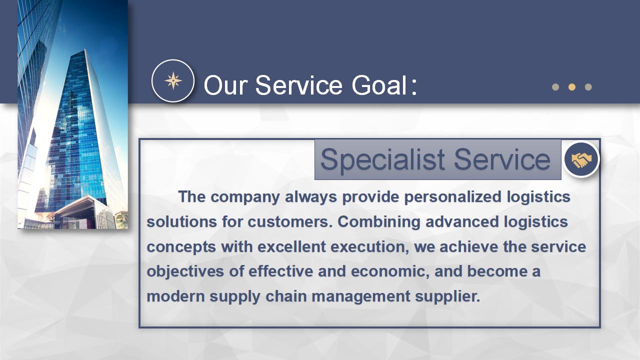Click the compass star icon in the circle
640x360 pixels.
point(173,81)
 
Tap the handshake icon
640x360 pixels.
point(581,159)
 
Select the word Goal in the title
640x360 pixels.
point(379,85)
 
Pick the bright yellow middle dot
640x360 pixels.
point(571,87)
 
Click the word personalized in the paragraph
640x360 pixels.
point(453,197)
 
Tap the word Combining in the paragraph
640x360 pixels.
point(379,222)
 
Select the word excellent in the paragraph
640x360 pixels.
point(291,246)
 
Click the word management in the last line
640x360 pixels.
point(361,297)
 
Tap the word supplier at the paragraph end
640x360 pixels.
point(447,297)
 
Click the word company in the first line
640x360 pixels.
point(245,197)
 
